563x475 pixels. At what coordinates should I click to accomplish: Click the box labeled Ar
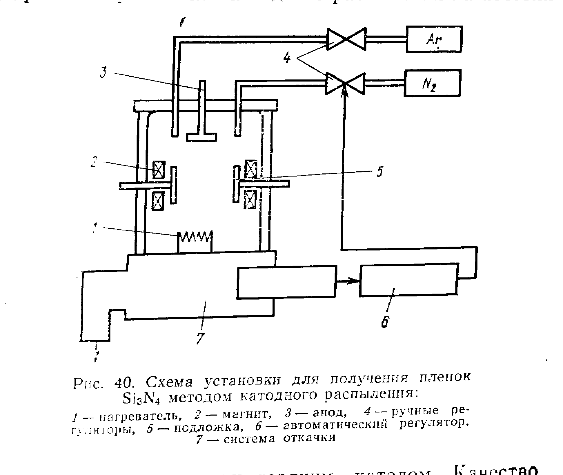click(434, 39)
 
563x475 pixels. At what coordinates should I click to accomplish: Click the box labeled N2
click(433, 83)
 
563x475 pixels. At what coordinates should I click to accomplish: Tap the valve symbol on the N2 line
click(345, 83)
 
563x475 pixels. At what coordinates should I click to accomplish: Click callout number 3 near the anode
click(103, 73)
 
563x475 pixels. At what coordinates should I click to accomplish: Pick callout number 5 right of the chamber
click(380, 172)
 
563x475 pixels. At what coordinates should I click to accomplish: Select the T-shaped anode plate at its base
click(202, 137)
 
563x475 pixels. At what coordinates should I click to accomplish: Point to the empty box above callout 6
click(409, 280)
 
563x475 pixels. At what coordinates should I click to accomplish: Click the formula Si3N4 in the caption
click(140, 398)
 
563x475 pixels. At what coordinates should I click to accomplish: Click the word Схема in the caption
click(171, 382)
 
